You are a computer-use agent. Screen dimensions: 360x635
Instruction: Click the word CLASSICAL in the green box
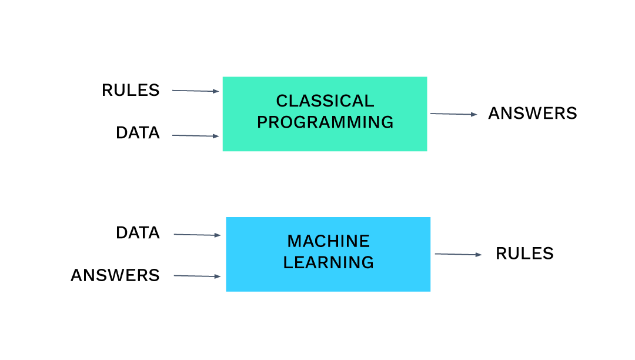325,101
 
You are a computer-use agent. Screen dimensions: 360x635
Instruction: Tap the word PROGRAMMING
325,122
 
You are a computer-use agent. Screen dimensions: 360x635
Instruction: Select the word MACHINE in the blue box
328,241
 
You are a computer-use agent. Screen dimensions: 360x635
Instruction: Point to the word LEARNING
328,262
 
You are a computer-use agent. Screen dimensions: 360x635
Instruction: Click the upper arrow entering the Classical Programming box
195,91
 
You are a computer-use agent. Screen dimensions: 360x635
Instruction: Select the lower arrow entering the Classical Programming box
195,136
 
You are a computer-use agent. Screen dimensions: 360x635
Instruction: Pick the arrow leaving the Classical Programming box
453,114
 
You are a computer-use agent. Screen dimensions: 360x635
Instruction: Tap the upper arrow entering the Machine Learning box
197,235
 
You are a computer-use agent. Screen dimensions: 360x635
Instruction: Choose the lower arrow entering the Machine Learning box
197,276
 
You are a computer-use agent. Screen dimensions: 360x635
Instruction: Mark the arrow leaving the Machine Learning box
458,254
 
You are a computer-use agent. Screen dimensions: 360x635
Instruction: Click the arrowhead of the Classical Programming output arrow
474,114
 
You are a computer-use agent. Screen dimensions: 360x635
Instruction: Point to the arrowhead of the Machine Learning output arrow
479,255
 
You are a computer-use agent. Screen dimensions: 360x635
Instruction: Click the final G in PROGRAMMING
387,122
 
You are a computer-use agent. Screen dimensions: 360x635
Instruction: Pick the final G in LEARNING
367,262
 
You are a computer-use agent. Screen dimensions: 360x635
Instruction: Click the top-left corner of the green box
223,77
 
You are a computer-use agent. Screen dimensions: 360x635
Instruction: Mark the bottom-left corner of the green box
223,151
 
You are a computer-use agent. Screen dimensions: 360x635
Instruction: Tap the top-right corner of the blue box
430,218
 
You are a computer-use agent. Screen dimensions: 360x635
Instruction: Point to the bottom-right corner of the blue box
430,291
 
